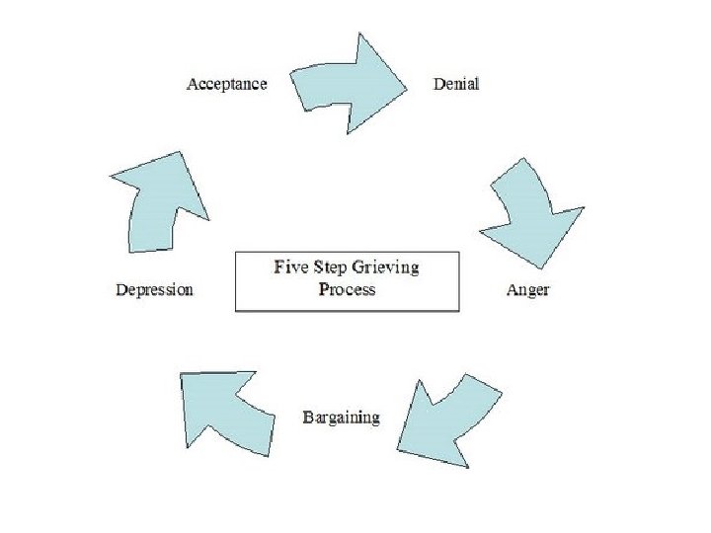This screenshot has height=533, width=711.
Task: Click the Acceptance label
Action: (226, 84)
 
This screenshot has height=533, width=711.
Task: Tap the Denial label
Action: (456, 84)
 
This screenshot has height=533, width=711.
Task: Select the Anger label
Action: (527, 290)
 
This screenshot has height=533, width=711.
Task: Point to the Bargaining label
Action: (340, 418)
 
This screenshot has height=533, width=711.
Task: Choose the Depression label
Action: (154, 290)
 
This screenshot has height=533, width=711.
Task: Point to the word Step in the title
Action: (331, 267)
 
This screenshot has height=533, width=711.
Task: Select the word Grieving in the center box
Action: (386, 268)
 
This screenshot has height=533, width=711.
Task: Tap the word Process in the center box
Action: (347, 289)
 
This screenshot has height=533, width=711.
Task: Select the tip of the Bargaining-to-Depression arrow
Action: (182, 373)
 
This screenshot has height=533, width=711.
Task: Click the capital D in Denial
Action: (438, 84)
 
